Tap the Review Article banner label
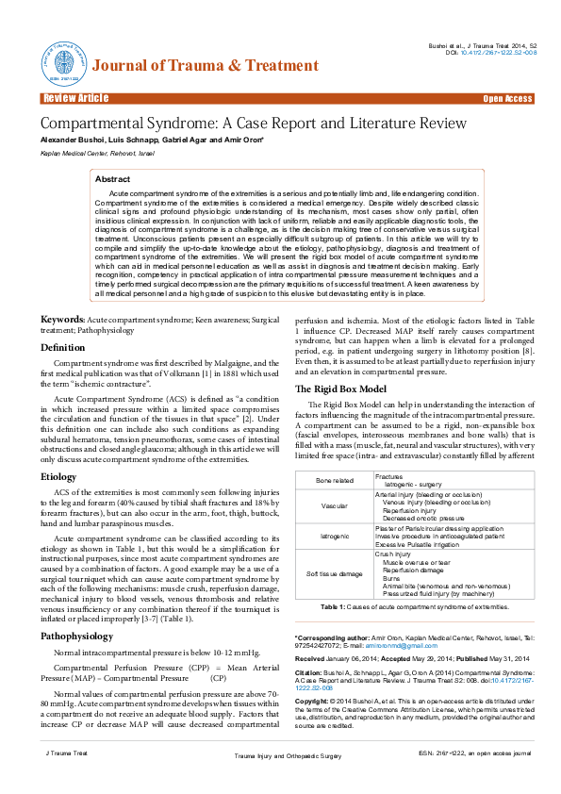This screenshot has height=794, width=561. tap(75, 99)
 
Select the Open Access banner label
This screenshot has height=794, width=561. tap(507, 99)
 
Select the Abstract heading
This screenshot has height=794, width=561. tap(113, 178)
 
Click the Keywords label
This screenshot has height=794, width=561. tap(62, 320)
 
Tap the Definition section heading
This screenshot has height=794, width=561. tap(62, 347)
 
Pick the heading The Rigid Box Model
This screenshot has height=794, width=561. tap(340, 389)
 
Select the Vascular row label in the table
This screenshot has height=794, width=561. tap(335, 505)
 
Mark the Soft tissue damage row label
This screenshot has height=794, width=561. tap(335, 572)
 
